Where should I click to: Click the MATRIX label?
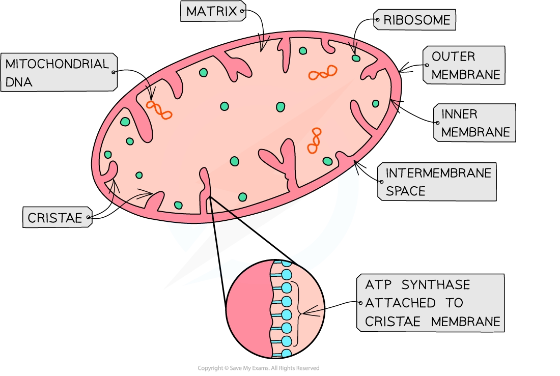212,11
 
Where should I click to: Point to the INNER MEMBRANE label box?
475,123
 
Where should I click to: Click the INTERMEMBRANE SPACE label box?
437,182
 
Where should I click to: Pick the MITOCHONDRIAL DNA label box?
57,72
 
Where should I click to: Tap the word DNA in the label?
19,81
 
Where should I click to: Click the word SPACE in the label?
406,191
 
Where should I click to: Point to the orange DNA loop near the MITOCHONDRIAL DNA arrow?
159,110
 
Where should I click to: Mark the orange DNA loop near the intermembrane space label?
315,141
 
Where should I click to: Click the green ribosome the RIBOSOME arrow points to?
356,58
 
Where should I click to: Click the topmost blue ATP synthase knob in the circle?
287,263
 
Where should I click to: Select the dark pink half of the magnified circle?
247,310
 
